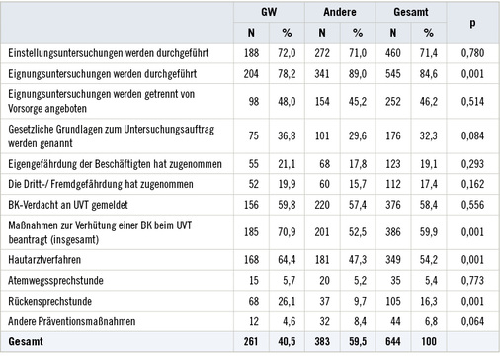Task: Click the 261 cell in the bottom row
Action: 248,342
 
